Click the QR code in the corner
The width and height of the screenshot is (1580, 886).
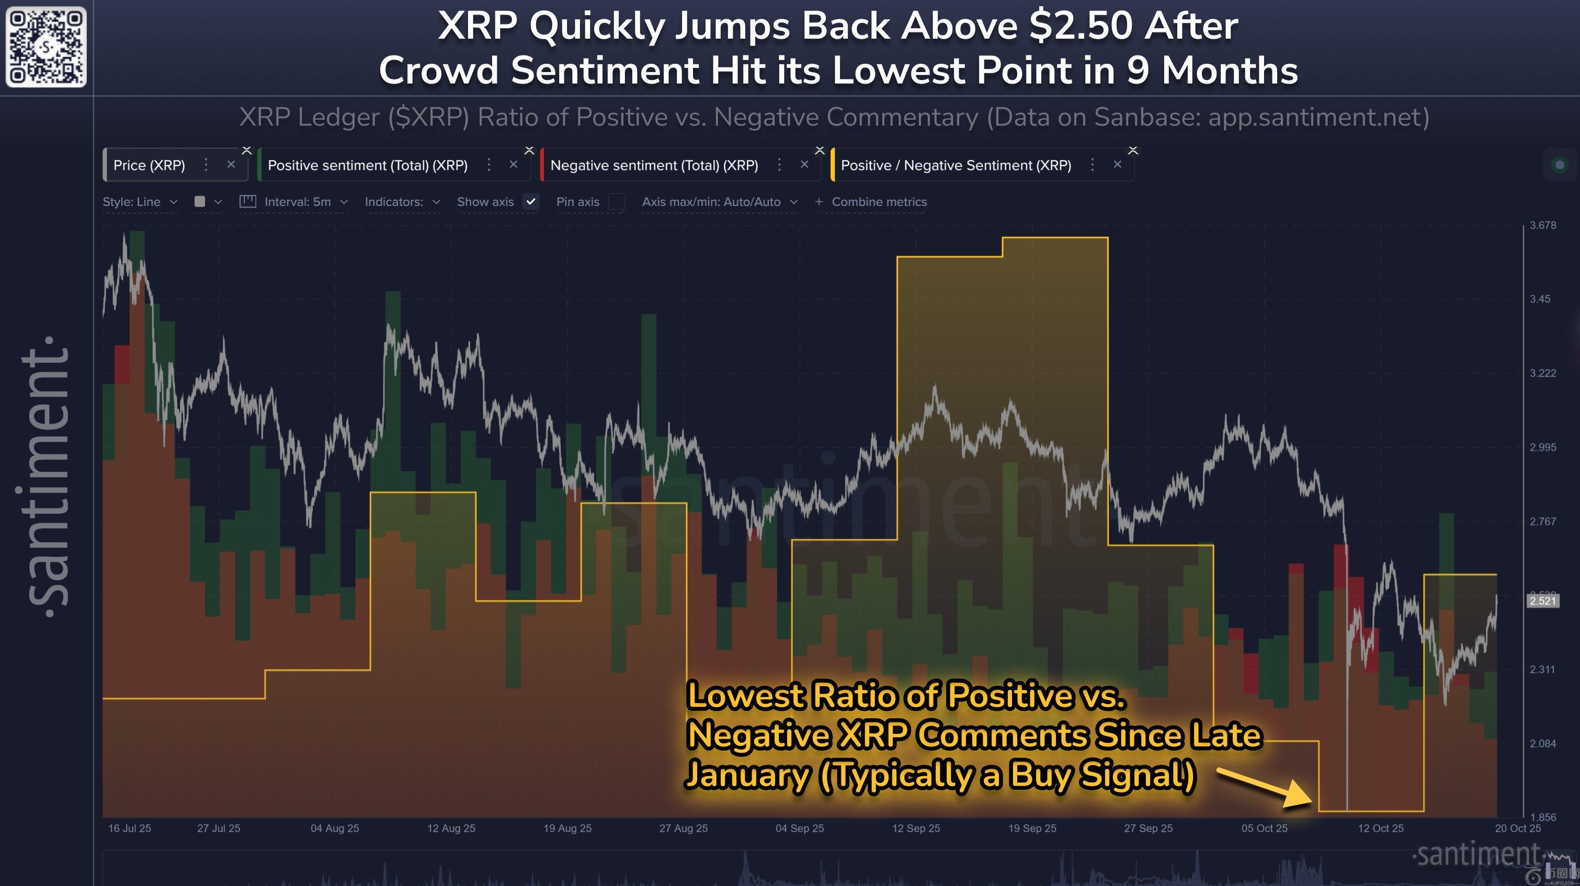(46, 47)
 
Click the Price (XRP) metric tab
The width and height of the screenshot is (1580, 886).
(149, 165)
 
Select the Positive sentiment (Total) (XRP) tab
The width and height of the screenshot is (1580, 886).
(367, 165)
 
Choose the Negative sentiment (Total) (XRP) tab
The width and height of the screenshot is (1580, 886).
(654, 165)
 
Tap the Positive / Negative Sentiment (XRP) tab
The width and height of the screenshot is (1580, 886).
(956, 165)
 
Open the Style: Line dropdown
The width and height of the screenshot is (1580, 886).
(140, 202)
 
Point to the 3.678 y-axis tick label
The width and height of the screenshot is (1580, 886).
(1542, 225)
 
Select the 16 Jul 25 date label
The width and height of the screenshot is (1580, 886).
(129, 829)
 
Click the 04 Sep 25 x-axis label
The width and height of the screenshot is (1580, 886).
(799, 829)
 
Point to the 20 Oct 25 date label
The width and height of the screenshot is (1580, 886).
(1517, 829)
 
